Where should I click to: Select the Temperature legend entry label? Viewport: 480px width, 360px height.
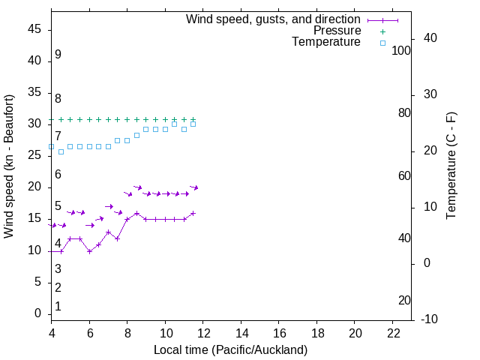click(x=326, y=42)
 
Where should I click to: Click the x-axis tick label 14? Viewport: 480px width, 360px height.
click(x=241, y=332)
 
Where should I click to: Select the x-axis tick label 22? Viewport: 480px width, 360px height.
click(x=392, y=332)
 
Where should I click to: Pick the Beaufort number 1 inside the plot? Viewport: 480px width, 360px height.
click(x=58, y=307)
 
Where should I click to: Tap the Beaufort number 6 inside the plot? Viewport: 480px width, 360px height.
click(x=58, y=175)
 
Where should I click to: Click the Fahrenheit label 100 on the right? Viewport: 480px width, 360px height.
click(x=401, y=50)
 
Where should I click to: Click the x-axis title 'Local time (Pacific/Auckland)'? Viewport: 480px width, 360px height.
click(x=230, y=349)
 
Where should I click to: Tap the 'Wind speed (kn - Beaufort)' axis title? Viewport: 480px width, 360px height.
click(x=9, y=166)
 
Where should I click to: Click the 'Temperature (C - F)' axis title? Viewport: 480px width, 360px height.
click(x=451, y=166)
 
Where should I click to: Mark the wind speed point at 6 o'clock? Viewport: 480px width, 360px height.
click(x=89, y=251)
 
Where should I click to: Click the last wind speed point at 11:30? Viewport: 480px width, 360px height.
click(x=193, y=213)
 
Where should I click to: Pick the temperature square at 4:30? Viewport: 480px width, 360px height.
click(x=61, y=151)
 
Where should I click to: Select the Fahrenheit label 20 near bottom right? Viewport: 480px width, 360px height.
click(x=404, y=301)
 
